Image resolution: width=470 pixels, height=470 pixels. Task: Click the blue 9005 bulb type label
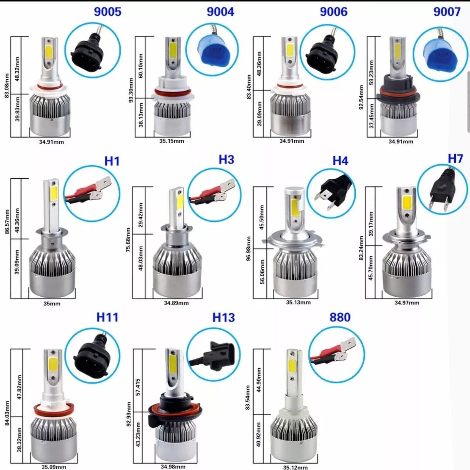(107, 12)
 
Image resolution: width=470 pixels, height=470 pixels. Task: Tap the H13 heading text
(223, 317)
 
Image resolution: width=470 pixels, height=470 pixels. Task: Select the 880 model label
(340, 317)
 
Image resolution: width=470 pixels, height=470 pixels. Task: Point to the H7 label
(455, 159)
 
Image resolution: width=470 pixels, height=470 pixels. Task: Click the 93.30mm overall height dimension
(131, 90)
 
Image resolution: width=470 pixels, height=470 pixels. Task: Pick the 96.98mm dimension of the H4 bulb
(248, 248)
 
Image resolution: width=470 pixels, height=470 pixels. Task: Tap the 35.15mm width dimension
(172, 141)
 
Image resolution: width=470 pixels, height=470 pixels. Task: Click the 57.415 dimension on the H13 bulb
(138, 387)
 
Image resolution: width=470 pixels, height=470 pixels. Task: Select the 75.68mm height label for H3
(128, 240)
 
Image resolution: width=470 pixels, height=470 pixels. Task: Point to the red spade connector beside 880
(335, 353)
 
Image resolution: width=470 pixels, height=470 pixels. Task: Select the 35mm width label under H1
(52, 304)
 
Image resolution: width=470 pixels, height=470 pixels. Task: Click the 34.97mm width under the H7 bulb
(407, 303)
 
